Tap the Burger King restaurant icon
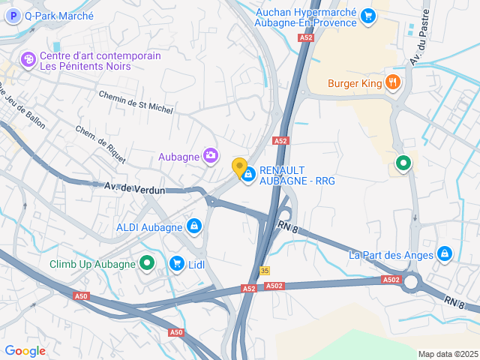coord(391,82)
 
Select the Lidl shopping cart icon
coord(177,263)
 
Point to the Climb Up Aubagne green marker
coord(146,263)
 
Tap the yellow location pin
coord(239,168)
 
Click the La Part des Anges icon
coord(445,254)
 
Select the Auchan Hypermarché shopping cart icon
coord(367,15)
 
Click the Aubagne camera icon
coord(211,155)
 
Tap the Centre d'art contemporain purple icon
coord(28,59)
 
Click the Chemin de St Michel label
coord(136,103)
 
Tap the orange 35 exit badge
coord(265,271)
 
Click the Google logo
coord(25,351)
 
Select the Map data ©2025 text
coord(447,354)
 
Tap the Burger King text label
coord(355,83)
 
